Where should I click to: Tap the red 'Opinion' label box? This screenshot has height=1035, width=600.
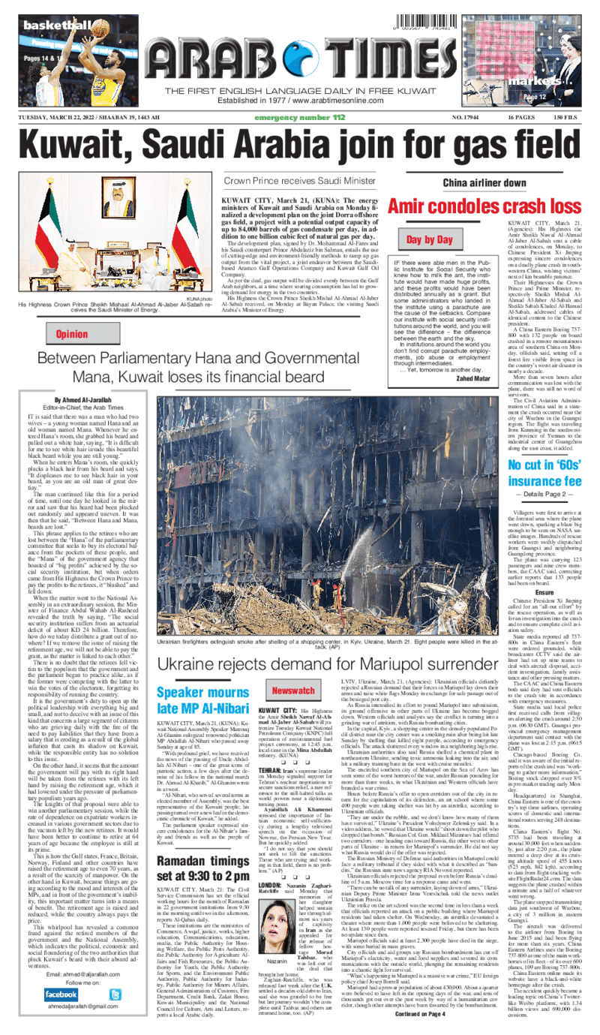(x=67, y=333)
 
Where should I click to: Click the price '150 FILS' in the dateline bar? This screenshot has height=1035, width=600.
(x=564, y=118)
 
